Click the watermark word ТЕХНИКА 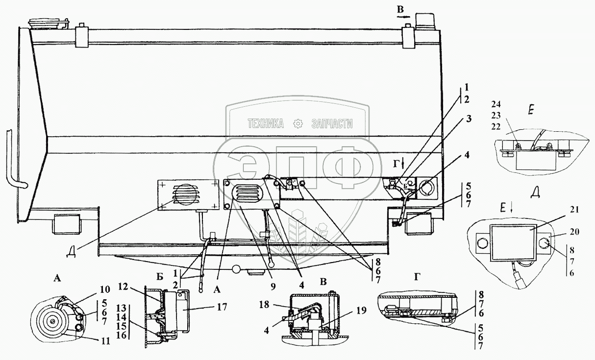pos(266,124)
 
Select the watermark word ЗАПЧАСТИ pos(332,124)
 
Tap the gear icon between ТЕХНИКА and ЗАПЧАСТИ pos(297,124)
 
